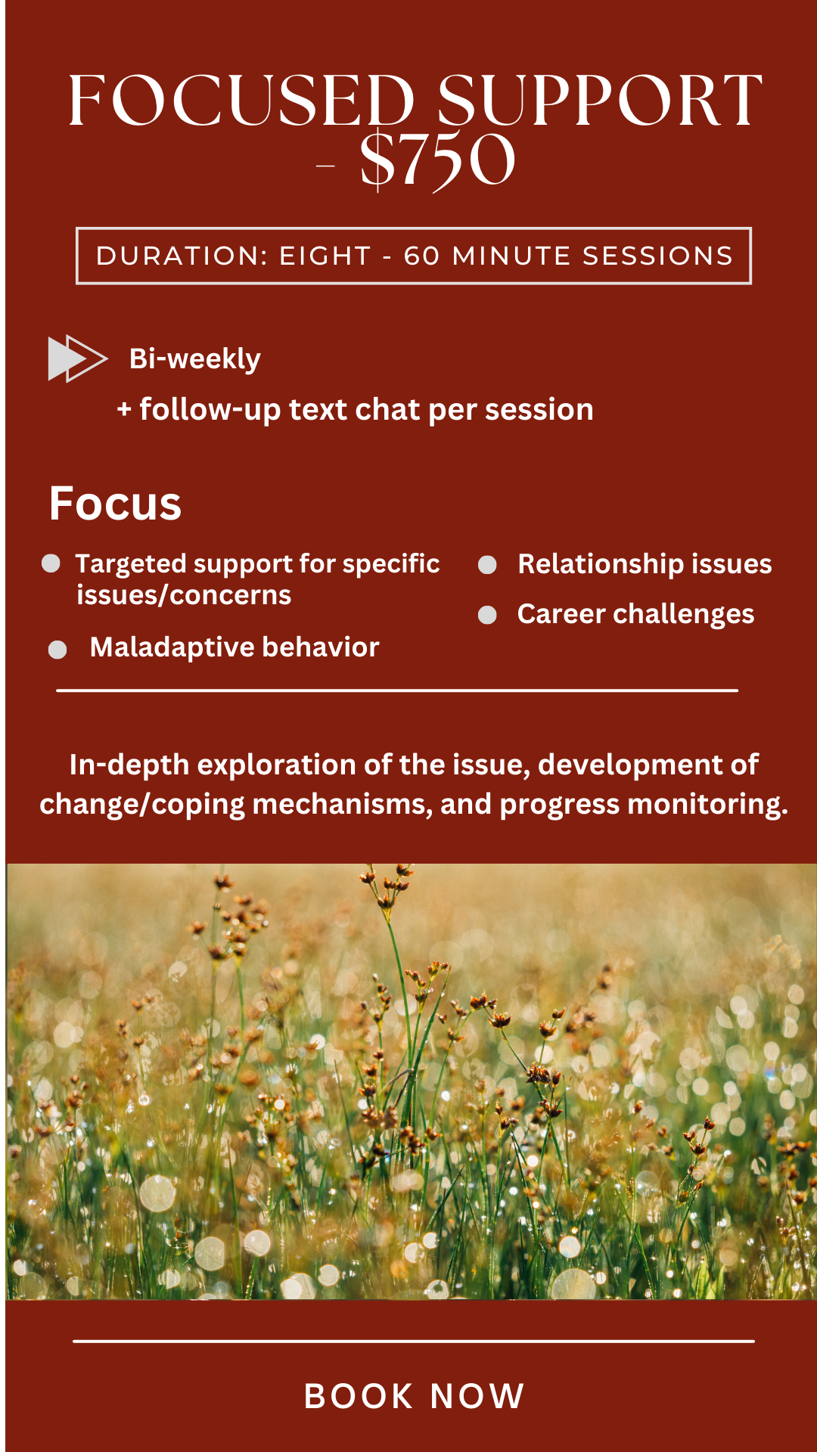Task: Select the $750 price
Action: coord(438,160)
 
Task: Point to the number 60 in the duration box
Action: coord(422,256)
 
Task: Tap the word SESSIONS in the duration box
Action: coord(657,256)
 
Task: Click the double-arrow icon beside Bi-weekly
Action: coord(78,358)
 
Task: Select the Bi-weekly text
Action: coord(195,358)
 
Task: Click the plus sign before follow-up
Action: coord(125,410)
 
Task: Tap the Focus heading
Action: coord(116,504)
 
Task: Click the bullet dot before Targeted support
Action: coord(51,563)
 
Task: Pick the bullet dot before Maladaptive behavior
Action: coord(57,650)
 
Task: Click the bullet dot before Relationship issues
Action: coord(487,564)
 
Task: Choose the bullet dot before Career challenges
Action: coord(487,615)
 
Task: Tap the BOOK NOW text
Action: coord(415,1396)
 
